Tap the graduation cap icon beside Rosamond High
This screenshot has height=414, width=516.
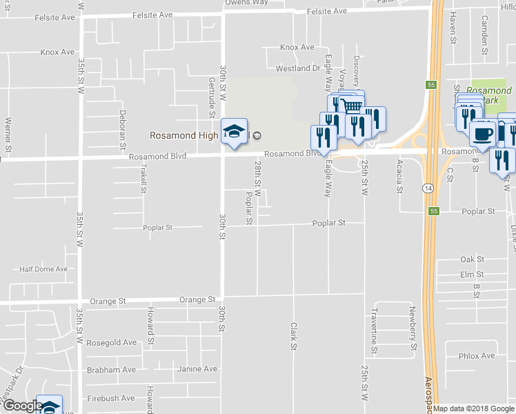point(234,132)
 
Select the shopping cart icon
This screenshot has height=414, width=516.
point(352,106)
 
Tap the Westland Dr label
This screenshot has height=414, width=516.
point(297,69)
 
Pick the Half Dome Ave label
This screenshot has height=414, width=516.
point(43,269)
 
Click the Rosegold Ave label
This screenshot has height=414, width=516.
point(112,342)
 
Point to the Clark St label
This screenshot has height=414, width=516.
point(293,335)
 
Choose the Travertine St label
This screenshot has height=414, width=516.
point(374,330)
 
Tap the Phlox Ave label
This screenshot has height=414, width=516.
point(477,356)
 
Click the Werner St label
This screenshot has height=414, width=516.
point(8,134)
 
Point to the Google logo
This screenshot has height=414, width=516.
point(22,406)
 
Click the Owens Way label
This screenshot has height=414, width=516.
point(246,3)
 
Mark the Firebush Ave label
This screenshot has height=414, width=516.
point(111,398)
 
